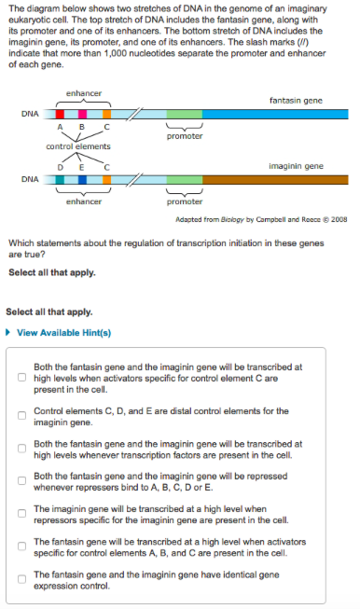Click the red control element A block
[x=60, y=114]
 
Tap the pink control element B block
[x=82, y=114]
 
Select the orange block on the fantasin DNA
[x=107, y=114]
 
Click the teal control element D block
[x=60, y=179]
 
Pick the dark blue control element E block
[x=82, y=179]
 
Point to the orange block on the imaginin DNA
[x=107, y=179]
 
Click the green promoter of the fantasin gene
[x=185, y=114]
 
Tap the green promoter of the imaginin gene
[x=185, y=179]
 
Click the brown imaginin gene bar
[x=275, y=179]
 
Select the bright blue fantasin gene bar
[x=275, y=114]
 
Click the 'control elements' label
[x=78, y=146]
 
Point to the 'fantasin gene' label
[x=296, y=101]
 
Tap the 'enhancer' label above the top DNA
[x=84, y=93]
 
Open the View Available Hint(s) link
[x=63, y=333]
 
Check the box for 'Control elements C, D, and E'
[x=21, y=416]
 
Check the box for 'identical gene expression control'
[x=21, y=579]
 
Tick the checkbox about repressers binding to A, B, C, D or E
[x=21, y=481]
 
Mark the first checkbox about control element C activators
[x=21, y=378]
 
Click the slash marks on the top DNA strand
[x=135, y=114]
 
